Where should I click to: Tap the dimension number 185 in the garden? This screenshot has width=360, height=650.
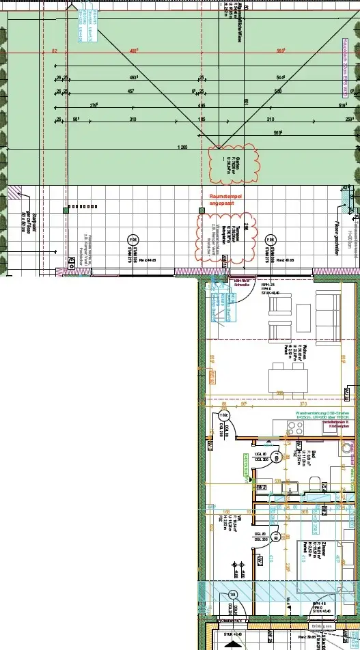point(202,119)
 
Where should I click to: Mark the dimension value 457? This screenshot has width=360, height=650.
point(131,91)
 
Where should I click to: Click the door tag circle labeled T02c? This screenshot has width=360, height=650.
point(223,415)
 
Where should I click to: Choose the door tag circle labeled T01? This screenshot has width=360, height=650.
point(232,593)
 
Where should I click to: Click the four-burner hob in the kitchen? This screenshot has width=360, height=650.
point(295,429)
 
